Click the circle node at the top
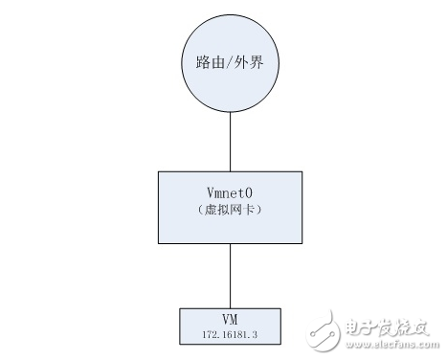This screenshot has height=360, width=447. tap(229, 67)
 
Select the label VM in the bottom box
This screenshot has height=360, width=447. tap(229, 318)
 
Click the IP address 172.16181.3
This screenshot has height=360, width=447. tap(230, 332)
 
